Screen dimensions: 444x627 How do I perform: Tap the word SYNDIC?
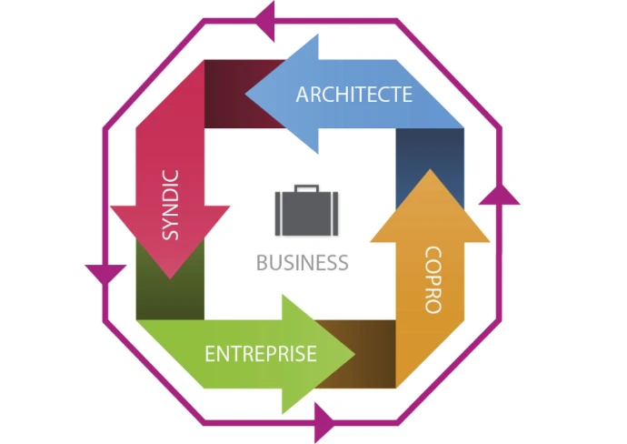170,205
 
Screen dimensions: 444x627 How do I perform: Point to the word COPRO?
433,280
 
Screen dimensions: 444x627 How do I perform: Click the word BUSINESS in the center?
302,263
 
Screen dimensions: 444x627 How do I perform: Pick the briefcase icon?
302,212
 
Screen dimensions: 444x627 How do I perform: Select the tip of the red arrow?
170,277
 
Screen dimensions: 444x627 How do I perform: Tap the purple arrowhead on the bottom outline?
323,423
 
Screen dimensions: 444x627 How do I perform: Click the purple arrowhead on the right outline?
498,193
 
